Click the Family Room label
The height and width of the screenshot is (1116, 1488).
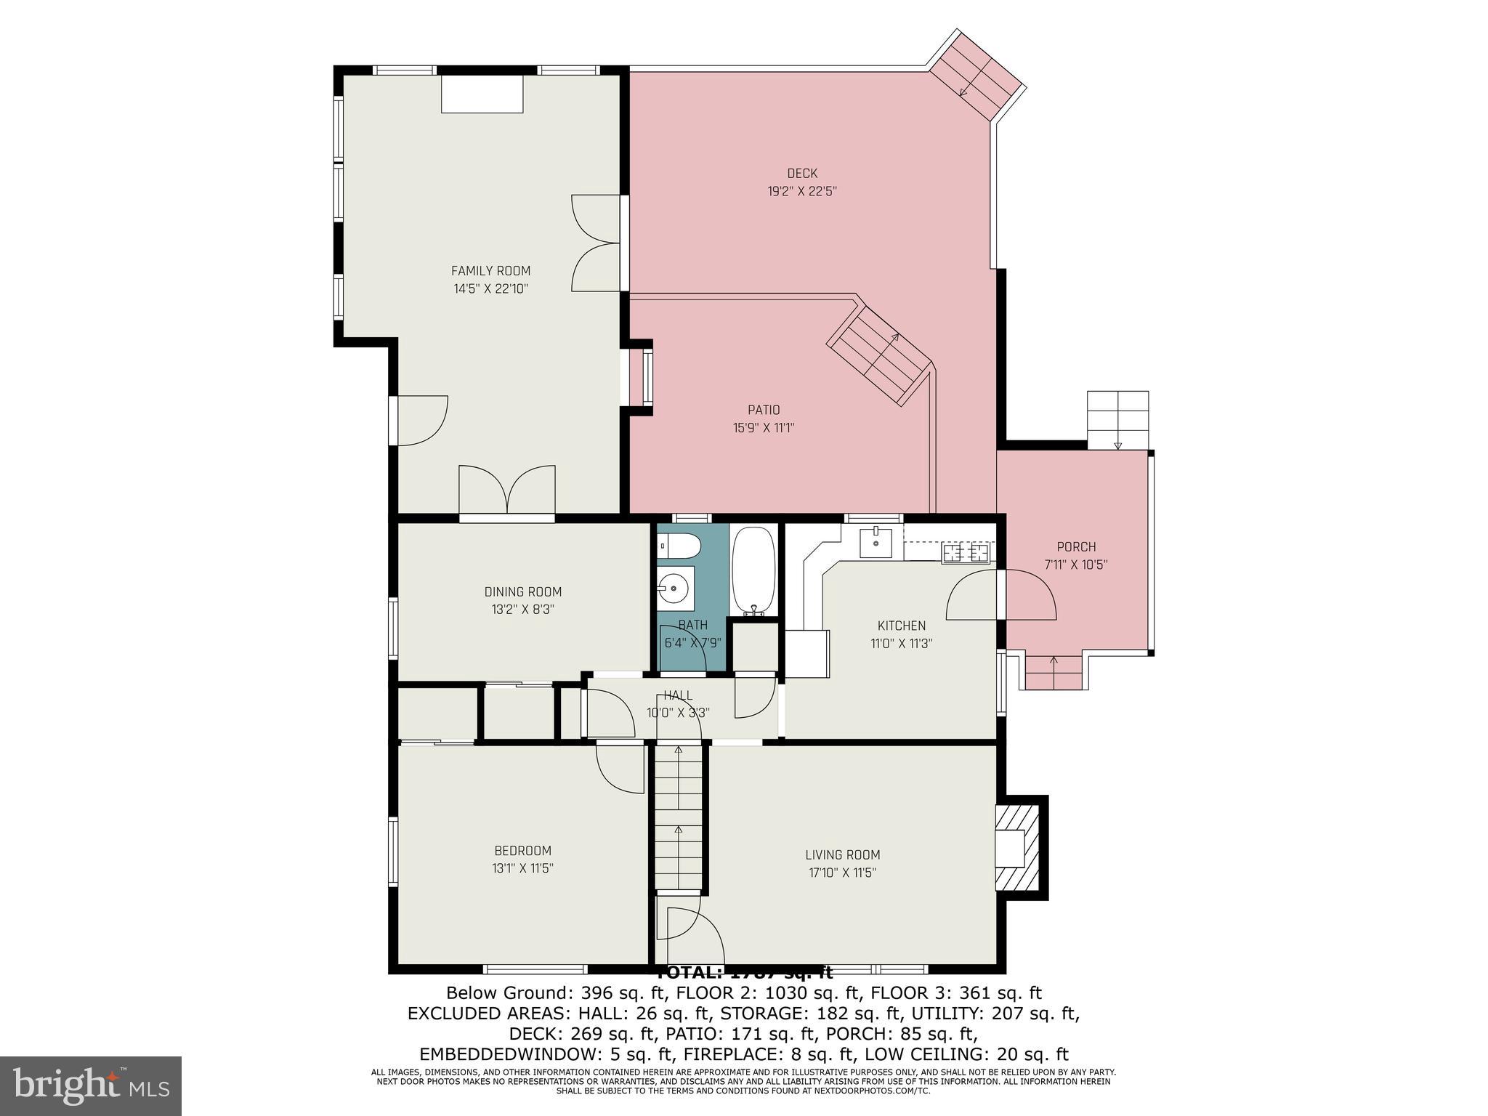click(490, 271)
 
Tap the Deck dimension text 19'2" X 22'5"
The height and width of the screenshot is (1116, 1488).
click(802, 192)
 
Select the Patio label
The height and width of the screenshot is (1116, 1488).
click(764, 410)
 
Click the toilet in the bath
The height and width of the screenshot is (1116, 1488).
click(678, 546)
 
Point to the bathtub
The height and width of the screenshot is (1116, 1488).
click(753, 571)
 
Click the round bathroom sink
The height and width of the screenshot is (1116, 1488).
click(676, 586)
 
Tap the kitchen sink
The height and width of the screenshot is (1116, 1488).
click(876, 542)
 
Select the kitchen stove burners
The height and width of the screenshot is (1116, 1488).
click(966, 553)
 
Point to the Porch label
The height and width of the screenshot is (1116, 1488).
click(1076, 547)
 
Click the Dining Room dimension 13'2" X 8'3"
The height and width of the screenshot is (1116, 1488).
click(522, 610)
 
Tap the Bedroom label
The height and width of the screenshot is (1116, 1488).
click(522, 851)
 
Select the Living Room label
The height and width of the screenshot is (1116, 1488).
click(842, 855)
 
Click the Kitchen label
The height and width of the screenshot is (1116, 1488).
click(901, 626)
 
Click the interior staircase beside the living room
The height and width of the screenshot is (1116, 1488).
click(679, 817)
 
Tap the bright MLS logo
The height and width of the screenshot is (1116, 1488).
click(91, 1085)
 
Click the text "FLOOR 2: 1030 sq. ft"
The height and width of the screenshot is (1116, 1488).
click(773, 993)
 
